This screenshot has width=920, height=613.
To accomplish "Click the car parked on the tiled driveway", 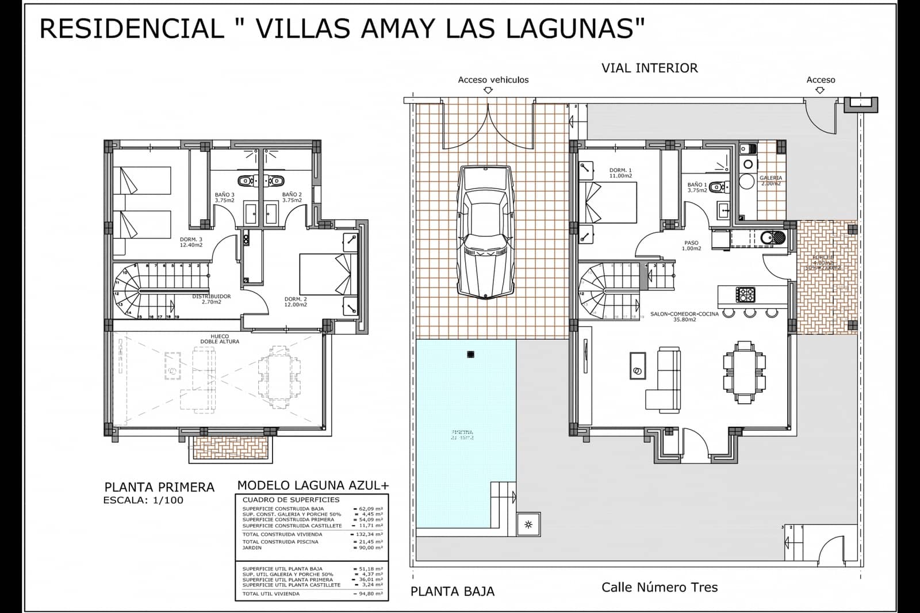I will point(484,232).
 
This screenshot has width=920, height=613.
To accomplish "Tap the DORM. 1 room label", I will point(620,173).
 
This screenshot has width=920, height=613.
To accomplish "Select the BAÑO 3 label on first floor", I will point(224,197).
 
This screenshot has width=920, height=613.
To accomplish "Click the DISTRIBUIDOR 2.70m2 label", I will point(212,299).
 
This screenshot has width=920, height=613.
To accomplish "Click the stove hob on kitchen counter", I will point(746,295).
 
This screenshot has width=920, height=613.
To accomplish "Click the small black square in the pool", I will point(470,354).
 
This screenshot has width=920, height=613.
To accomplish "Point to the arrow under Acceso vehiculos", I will point(488,90).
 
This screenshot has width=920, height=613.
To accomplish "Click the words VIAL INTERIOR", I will point(649,68).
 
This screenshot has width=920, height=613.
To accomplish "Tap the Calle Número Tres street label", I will point(660,587).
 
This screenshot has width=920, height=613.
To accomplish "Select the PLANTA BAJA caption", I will point(452,591).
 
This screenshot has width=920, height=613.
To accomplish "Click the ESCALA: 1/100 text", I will point(143,500).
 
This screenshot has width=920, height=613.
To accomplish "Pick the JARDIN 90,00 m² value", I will point(369,547).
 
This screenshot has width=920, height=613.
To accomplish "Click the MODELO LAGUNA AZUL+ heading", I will point(313,485).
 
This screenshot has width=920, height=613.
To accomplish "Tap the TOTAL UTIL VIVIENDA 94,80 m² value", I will point(369,593).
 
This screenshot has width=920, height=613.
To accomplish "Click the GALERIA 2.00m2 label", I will point(770,181).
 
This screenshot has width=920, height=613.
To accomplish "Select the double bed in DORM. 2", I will point(325,274).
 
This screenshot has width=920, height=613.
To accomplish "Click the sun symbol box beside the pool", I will point(528,524).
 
